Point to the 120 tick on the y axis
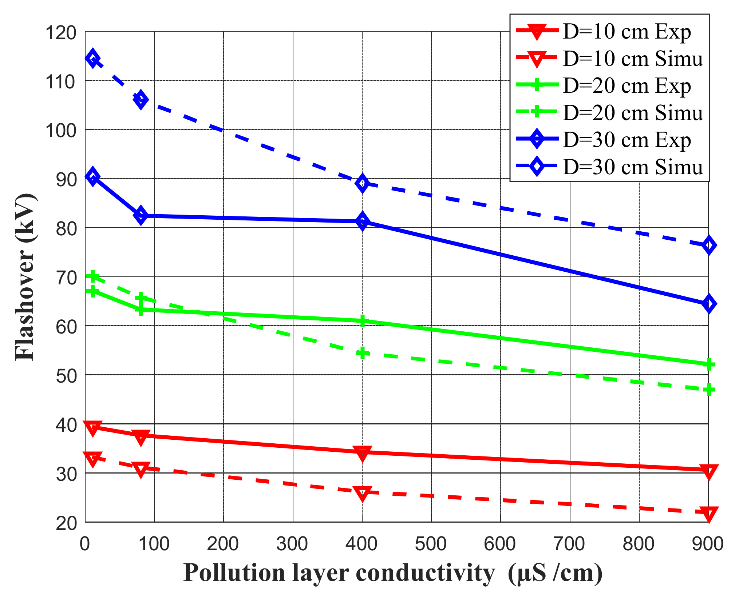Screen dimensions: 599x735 [x=61, y=33]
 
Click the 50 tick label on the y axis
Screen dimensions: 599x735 [x=66, y=376]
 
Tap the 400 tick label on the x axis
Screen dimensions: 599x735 [x=361, y=544]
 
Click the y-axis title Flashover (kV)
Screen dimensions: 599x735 [x=25, y=277]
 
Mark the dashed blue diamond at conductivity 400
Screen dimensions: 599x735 [x=362, y=183]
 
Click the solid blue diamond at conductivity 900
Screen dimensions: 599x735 [x=708, y=304]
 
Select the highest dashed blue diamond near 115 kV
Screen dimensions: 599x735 [x=93, y=59]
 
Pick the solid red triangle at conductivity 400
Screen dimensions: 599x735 [x=362, y=452]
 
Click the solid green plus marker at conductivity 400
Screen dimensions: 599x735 [x=362, y=321]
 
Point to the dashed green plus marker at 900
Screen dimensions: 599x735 [x=708, y=390]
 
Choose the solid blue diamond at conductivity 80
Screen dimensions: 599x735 [x=141, y=215]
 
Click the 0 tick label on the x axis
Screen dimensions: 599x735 [x=85, y=544]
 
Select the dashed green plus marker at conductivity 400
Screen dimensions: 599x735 [x=362, y=352]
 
